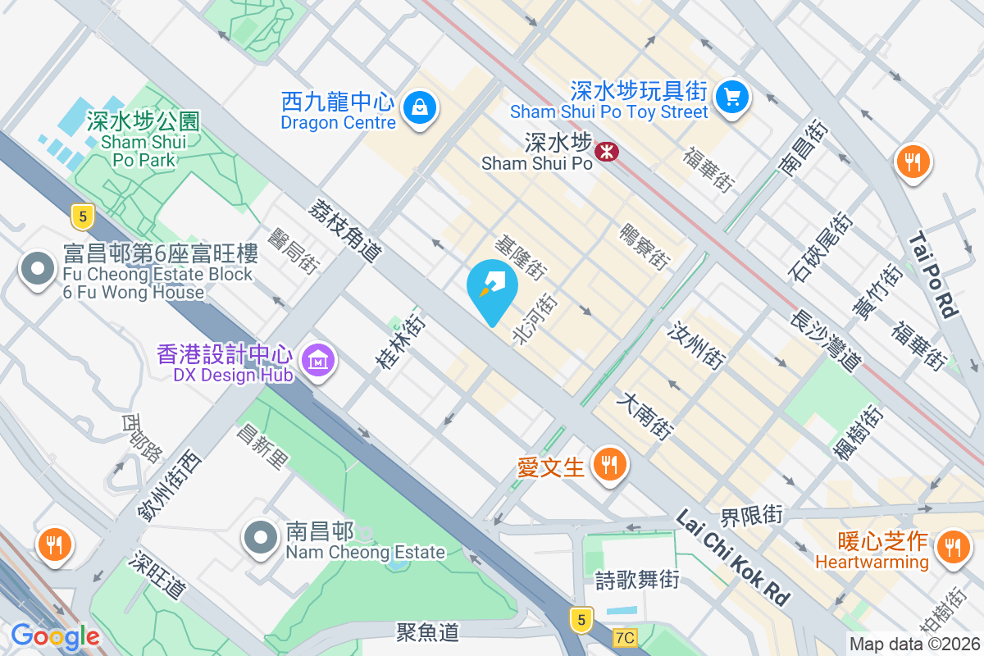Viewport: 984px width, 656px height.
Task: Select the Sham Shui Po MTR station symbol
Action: pos(607,151)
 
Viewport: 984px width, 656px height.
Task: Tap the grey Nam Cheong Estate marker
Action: pos(262,538)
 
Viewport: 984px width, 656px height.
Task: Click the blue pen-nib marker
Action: pos(492,287)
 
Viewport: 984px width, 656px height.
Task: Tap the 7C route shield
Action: pos(625,637)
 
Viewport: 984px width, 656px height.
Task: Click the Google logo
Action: pos(55,636)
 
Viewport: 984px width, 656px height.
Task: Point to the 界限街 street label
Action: pos(751,516)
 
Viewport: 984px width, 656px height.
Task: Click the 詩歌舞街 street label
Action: pos(637,581)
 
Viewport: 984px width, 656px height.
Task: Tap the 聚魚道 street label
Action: pos(427,631)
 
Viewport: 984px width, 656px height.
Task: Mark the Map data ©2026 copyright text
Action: pos(914,645)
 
